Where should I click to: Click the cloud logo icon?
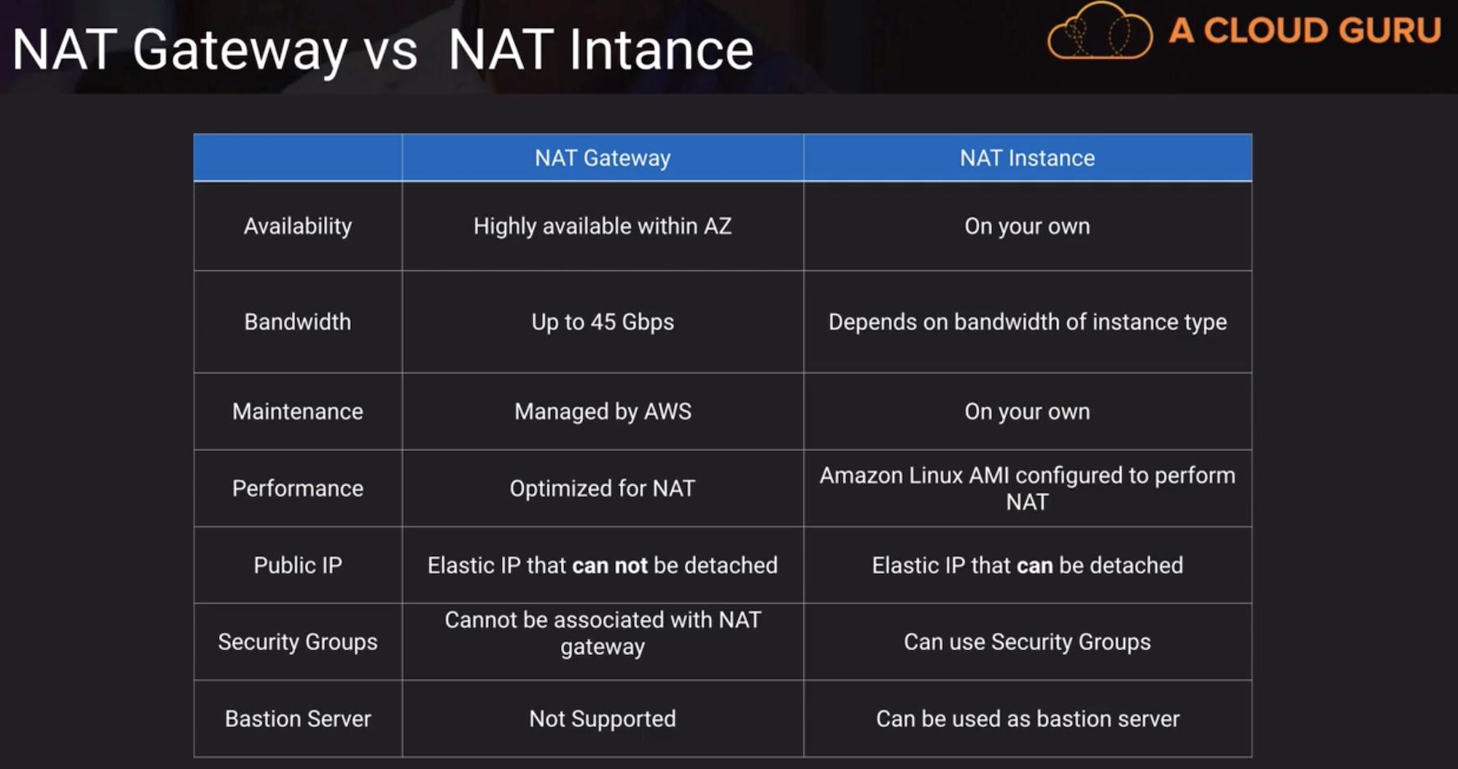point(1100,31)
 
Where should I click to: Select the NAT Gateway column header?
point(603,157)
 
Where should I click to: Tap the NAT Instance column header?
point(1027,157)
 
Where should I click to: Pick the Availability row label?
point(298,226)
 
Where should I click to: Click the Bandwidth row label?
point(298,321)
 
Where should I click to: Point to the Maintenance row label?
point(298,411)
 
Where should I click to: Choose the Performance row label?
point(298,488)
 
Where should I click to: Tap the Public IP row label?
point(298,565)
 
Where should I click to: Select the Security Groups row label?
point(298,642)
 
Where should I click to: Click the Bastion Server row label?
point(298,718)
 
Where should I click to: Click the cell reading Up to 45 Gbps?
point(603,321)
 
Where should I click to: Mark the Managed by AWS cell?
point(603,411)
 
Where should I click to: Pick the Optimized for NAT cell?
point(603,488)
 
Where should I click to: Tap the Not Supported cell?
point(603,718)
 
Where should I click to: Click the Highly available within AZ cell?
point(603,226)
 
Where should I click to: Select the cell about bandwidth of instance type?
point(1027,321)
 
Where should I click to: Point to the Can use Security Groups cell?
point(1027,642)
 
